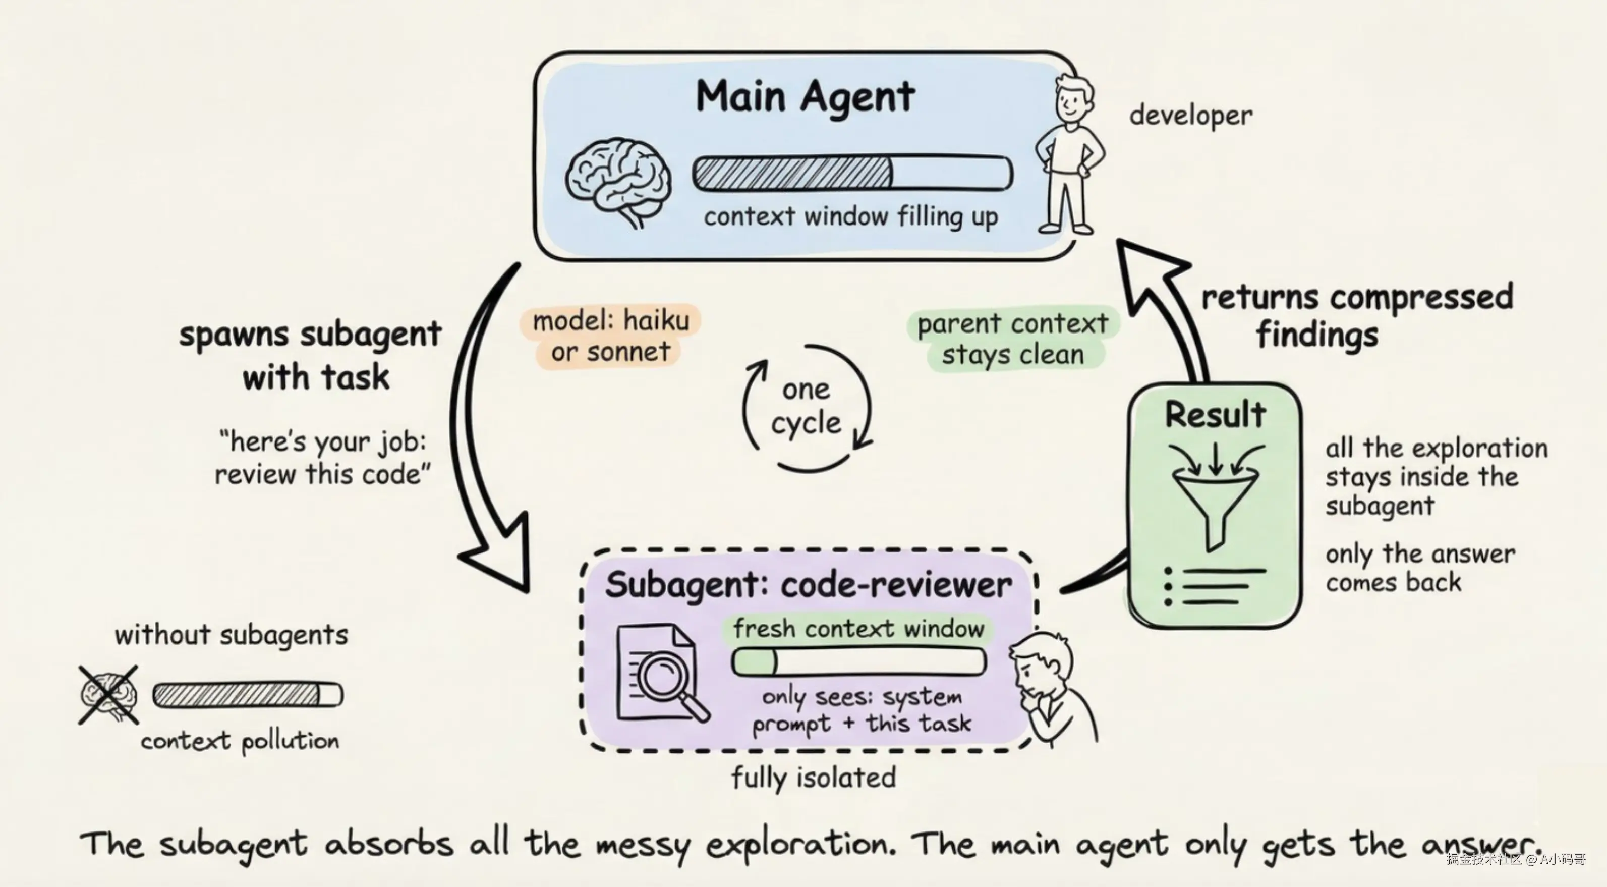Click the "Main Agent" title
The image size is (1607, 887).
(x=805, y=97)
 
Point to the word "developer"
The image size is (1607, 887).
(x=1190, y=116)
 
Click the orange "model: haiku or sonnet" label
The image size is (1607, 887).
(x=611, y=337)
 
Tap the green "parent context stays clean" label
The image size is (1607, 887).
(x=1012, y=340)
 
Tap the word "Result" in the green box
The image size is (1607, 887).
(x=1215, y=414)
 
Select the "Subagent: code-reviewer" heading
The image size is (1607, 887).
(x=808, y=585)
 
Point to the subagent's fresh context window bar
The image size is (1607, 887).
(x=858, y=661)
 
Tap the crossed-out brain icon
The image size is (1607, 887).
(x=108, y=695)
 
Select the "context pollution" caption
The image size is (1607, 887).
(x=240, y=742)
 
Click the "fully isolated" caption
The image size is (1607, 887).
(x=814, y=778)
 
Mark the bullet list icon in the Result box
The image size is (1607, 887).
(x=1214, y=586)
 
